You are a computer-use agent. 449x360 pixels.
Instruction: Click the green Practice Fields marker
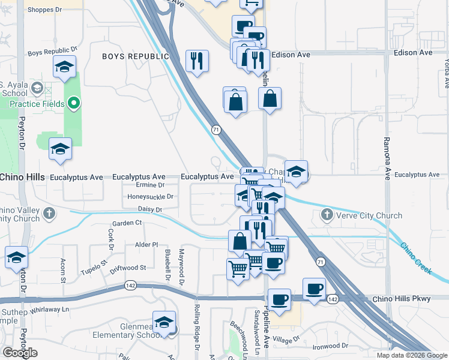point(73,103)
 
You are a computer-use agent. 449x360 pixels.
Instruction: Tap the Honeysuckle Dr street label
point(151,196)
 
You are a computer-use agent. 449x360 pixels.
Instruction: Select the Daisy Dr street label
point(151,209)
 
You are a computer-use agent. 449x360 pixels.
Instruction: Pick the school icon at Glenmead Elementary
point(164,322)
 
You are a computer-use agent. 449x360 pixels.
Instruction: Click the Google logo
point(20,353)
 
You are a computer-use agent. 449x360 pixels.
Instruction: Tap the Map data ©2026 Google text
point(412,355)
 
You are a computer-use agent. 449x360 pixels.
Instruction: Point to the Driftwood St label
point(128,268)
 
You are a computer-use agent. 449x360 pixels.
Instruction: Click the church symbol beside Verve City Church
point(327,214)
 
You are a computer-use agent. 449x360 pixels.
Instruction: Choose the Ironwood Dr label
point(330,346)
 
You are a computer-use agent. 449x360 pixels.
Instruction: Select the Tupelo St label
point(94,266)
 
